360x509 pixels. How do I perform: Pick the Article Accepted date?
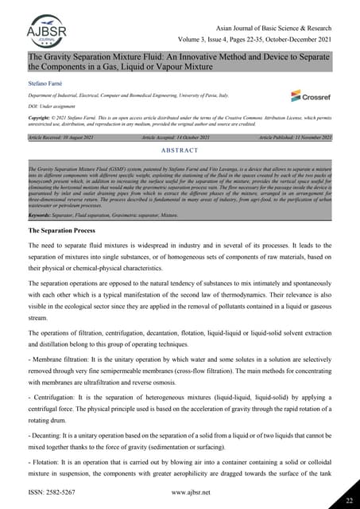(x=184, y=138)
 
